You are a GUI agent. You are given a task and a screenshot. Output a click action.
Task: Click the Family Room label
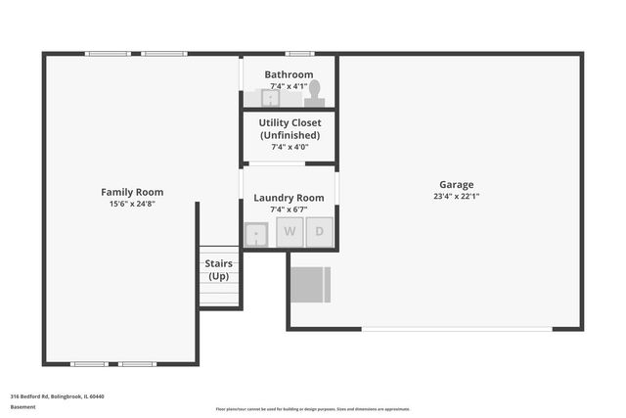pyautogui.click(x=132, y=192)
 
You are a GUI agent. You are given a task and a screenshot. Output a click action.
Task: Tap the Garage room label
pyautogui.click(x=456, y=184)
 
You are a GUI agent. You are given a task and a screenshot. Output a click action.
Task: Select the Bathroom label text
pyautogui.click(x=289, y=74)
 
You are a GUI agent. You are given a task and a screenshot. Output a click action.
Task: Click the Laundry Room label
pyautogui.click(x=289, y=198)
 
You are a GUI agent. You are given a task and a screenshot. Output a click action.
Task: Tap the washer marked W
pyautogui.click(x=290, y=233)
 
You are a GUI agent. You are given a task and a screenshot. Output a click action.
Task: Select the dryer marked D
pyautogui.click(x=320, y=233)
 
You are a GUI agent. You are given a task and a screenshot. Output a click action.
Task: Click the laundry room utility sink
pyautogui.click(x=257, y=234)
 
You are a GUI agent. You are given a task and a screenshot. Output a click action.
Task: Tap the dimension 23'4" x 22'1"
pyautogui.click(x=456, y=196)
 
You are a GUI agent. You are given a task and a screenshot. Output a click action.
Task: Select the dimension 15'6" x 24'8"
pyautogui.click(x=132, y=204)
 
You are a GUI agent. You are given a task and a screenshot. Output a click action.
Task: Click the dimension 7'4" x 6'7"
pyautogui.click(x=289, y=209)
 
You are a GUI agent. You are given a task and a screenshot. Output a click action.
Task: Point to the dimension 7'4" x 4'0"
pyautogui.click(x=289, y=147)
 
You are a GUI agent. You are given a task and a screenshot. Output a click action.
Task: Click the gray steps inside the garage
pyautogui.click(x=312, y=284)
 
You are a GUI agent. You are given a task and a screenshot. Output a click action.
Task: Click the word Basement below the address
pyautogui.click(x=22, y=406)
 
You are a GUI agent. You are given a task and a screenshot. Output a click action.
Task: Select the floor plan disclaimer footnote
pyautogui.click(x=313, y=409)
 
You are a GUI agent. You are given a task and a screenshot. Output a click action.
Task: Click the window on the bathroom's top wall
pyautogui.click(x=299, y=53)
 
